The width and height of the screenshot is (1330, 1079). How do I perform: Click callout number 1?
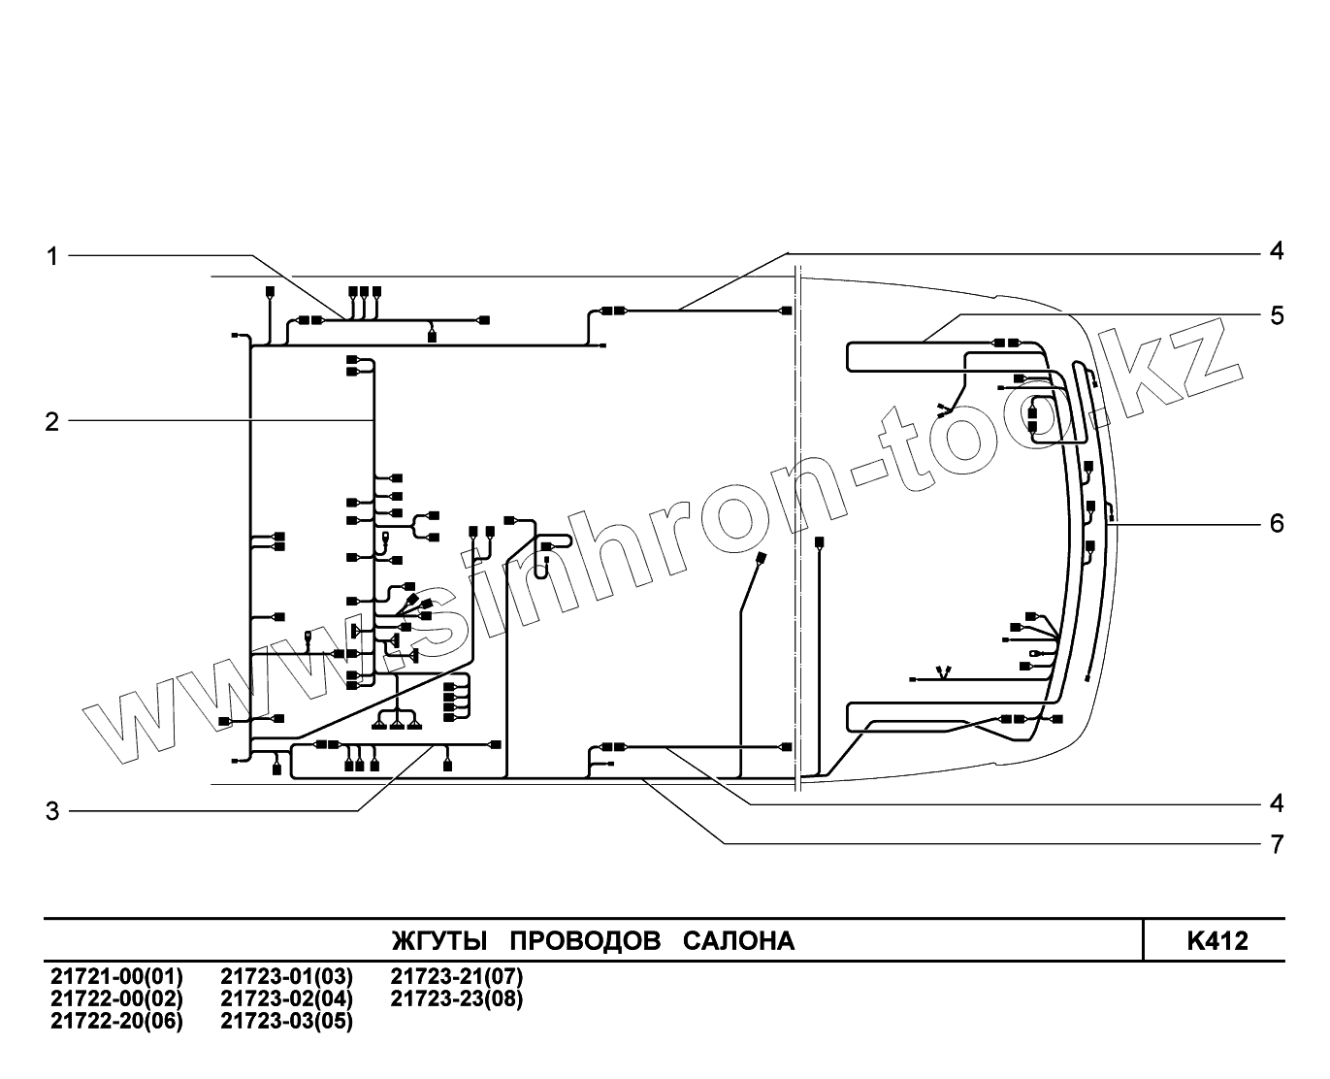coord(52,256)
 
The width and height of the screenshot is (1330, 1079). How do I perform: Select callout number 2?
coord(52,422)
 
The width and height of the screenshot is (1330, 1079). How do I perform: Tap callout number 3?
coord(52,811)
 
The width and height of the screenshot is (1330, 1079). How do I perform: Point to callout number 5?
coord(1277,315)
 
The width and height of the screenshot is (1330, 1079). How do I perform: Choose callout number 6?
coord(1277,524)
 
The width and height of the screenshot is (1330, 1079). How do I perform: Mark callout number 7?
coord(1277,844)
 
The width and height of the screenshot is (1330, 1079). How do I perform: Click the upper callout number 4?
coord(1277,250)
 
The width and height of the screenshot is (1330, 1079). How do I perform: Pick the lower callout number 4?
coord(1277,803)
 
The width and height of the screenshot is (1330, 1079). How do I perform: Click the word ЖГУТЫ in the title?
coord(440,941)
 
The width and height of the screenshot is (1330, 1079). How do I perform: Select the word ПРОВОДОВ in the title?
coord(585,941)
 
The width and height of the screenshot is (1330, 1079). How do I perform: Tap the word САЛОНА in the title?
coord(738,941)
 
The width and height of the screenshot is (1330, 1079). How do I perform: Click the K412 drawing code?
coord(1216,941)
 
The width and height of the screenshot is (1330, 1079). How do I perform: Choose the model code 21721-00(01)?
coord(116,976)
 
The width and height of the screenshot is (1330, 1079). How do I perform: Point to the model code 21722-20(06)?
coord(116,1021)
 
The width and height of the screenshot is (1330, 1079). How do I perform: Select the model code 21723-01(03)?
coord(287,976)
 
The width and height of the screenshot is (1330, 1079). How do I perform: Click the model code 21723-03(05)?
coord(287,1021)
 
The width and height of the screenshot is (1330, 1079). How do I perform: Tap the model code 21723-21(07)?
coord(456,976)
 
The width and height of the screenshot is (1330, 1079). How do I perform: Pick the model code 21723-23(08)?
coord(456,998)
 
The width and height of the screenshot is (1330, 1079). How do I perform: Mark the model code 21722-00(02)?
coord(116,998)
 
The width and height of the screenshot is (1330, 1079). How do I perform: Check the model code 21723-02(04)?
coord(287,998)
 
